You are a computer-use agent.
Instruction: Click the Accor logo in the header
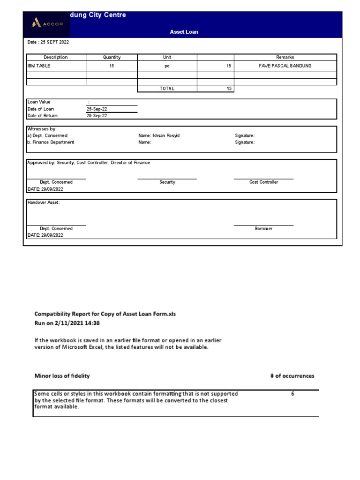47,24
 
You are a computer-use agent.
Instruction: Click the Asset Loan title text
184,32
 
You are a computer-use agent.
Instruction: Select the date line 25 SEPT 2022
48,42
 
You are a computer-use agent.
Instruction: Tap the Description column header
55,57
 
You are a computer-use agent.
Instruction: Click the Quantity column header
112,57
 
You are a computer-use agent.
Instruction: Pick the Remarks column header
285,57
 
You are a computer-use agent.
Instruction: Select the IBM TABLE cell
39,66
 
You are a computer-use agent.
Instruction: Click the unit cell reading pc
167,66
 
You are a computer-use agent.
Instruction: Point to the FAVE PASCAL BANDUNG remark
285,66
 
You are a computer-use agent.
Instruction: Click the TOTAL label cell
167,88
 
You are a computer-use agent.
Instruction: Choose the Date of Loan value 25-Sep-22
96,109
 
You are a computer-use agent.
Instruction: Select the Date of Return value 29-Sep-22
96,115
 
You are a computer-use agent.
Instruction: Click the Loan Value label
39,102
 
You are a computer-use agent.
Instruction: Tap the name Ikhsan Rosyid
159,135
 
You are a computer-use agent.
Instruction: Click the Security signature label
167,182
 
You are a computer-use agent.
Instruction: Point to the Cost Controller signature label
263,182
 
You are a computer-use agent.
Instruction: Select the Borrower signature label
263,228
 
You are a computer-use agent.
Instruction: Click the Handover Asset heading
44,202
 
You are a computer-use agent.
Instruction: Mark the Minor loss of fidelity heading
62,376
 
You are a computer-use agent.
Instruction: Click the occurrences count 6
292,394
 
